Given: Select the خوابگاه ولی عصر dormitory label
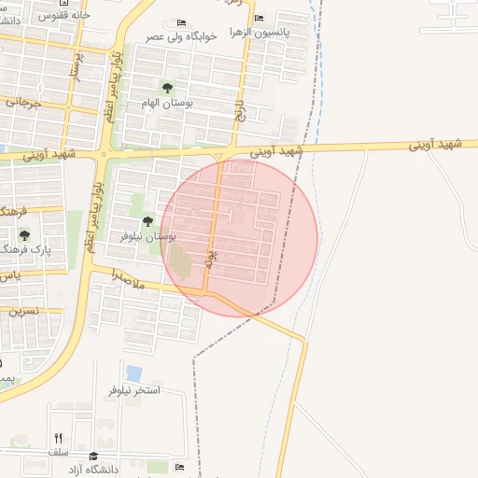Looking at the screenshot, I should [182, 36].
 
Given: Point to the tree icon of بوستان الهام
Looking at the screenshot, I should [167, 88].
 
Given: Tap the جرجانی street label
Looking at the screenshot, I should [22, 103].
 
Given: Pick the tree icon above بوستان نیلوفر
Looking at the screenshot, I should [148, 221].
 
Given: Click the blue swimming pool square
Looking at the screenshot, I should [134, 373].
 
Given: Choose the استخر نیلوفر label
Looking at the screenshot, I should [135, 389].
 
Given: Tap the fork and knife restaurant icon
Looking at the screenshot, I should [59, 438].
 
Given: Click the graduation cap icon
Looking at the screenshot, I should [92, 456].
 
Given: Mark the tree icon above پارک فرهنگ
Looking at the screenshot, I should [24, 235].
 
